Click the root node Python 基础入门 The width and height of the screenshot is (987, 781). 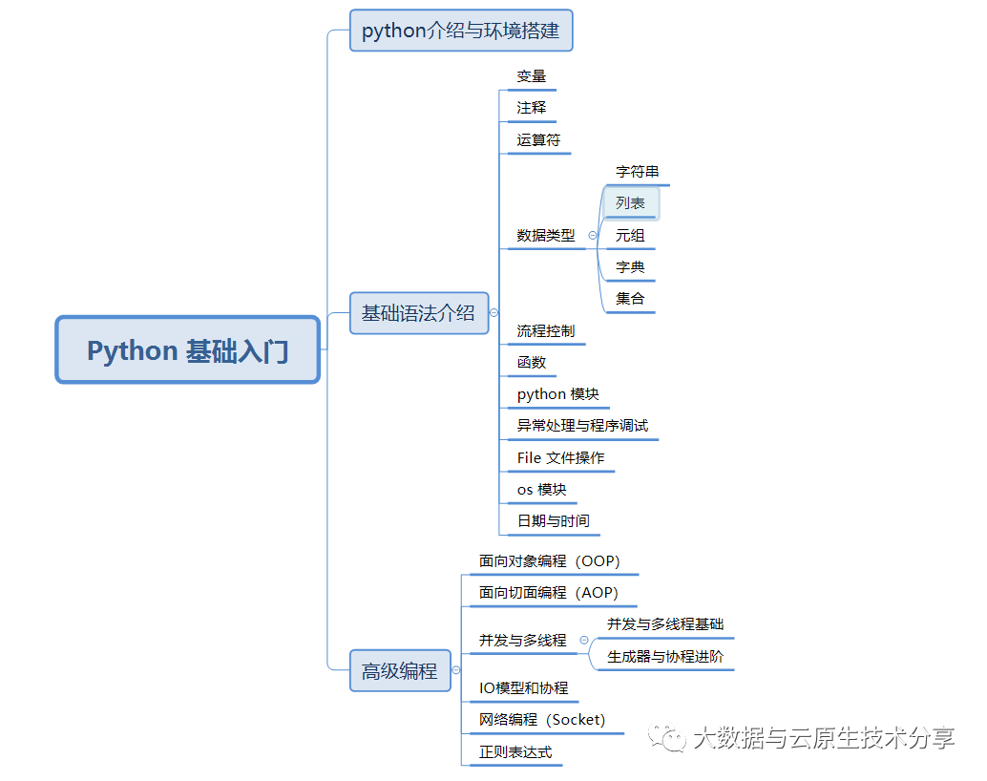[187, 350]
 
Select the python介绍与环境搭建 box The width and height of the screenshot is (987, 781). [461, 31]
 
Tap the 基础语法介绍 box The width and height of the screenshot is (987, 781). [418, 313]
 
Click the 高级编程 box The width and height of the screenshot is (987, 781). [399, 671]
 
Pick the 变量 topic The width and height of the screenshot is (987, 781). [532, 76]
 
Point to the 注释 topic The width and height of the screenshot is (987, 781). [532, 108]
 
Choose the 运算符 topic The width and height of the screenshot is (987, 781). [538, 140]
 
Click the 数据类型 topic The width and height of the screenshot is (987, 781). [546, 235]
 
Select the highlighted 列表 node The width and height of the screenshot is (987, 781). [631, 203]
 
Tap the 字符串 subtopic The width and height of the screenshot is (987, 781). [638, 172]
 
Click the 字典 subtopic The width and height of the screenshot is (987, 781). [631, 267]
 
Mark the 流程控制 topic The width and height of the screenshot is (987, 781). [546, 331]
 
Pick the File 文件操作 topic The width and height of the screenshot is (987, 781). [560, 458]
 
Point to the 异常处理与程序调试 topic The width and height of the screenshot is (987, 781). [582, 426]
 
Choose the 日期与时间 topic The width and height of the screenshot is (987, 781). [553, 521]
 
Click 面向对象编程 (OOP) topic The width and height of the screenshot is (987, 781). [549, 561]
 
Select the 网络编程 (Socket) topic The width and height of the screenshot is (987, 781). [542, 720]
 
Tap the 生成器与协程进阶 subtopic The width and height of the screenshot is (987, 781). [665, 657]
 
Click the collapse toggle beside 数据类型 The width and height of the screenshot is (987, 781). [593, 235]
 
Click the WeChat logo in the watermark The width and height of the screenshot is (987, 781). [667, 738]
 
